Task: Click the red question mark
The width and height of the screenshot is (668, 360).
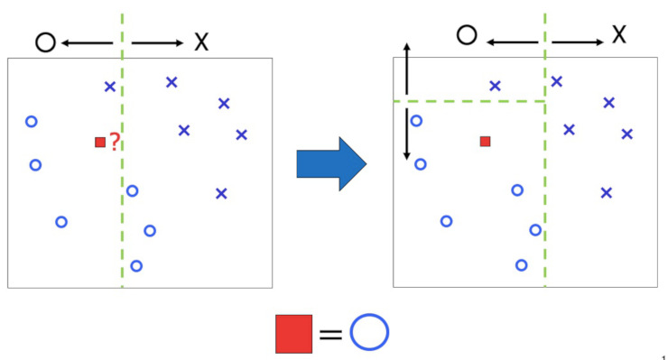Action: tap(115, 141)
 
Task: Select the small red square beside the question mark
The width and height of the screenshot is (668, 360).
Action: tap(100, 142)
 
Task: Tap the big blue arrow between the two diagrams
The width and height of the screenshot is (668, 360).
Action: tap(330, 163)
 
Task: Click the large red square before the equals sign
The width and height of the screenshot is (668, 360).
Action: tap(294, 333)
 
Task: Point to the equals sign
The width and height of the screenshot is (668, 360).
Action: tap(331, 334)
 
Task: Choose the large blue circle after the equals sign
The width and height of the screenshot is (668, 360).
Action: tap(369, 332)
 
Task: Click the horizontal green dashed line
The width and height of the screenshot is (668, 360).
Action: tap(469, 101)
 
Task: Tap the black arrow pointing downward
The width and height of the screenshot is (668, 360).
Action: tap(407, 135)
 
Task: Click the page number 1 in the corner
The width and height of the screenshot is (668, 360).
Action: tap(663, 355)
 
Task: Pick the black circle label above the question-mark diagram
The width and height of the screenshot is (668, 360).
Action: tap(45, 41)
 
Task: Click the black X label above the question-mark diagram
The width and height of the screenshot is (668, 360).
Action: tap(200, 41)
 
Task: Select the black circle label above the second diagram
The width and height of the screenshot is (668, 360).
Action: tap(466, 35)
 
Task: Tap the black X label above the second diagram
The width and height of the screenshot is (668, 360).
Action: tap(619, 35)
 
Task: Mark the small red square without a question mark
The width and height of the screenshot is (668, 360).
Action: tap(485, 141)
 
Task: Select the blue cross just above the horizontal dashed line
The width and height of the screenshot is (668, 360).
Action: tap(495, 87)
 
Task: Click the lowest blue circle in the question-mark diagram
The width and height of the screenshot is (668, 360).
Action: tap(136, 265)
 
